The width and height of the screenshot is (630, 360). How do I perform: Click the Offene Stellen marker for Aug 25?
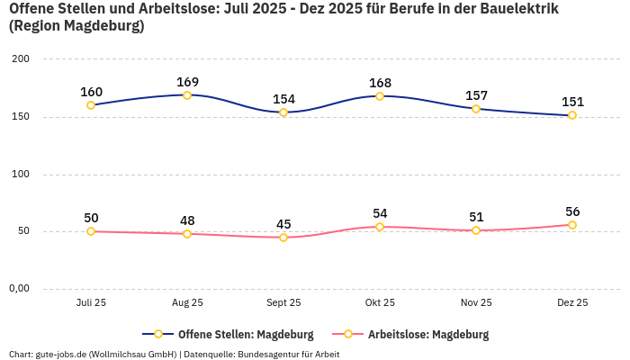pyautogui.click(x=187, y=95)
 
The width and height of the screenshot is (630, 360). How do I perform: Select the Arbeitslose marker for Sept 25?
pyautogui.click(x=283, y=238)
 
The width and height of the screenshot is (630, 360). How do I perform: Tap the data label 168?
pyautogui.click(x=380, y=84)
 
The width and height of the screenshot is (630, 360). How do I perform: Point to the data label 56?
pyautogui.click(x=572, y=212)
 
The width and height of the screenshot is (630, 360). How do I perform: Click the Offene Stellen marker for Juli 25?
pyautogui.click(x=91, y=105)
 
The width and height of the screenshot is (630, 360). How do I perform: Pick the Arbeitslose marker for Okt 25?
pyautogui.click(x=380, y=227)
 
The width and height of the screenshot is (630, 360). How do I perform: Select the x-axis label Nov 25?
pyautogui.click(x=476, y=303)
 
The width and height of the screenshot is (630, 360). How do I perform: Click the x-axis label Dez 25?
pyautogui.click(x=572, y=303)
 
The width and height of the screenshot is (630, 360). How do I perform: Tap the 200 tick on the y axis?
pyautogui.click(x=20, y=59)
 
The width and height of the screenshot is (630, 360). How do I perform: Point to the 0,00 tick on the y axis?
pyautogui.click(x=20, y=289)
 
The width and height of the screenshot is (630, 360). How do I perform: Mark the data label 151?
pyautogui.click(x=572, y=103)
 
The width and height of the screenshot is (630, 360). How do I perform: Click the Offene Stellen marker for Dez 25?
pyautogui.click(x=572, y=115)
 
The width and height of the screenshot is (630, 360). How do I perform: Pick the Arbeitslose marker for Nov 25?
pyautogui.click(x=476, y=230)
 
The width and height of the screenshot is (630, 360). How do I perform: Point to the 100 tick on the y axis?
pyautogui.click(x=20, y=174)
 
